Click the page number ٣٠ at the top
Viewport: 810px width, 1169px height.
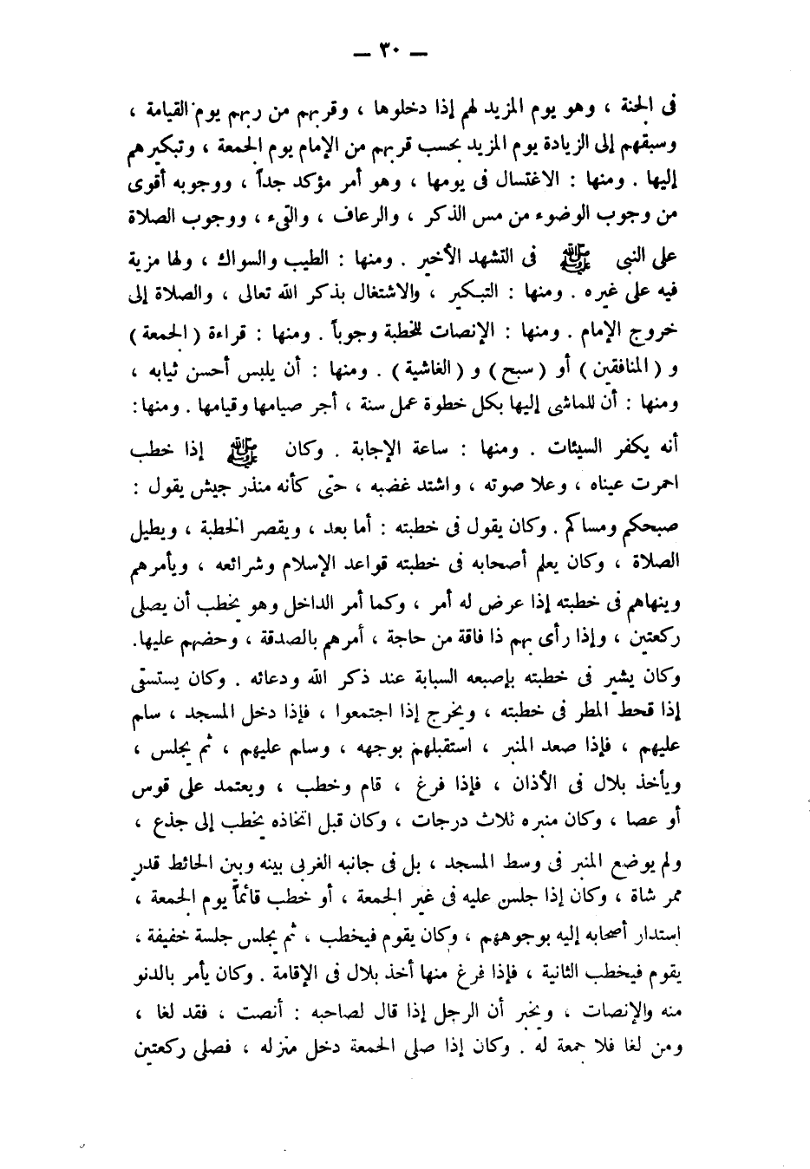coord(406,54)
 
